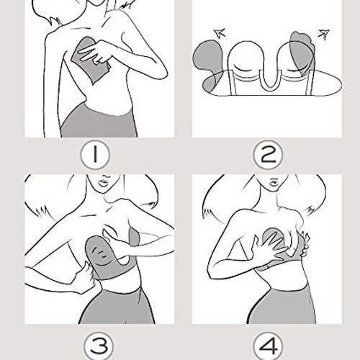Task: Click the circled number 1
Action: pos(95,155)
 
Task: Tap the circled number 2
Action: pos(268,155)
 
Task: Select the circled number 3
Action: pos(99,346)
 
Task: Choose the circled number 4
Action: pos(268,346)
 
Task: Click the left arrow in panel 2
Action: pos(220,33)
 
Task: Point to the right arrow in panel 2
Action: pos(323,33)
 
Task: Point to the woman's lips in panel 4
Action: pos(273,181)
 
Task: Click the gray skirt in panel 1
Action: pos(99,121)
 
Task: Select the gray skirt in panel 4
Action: pos(283,305)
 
